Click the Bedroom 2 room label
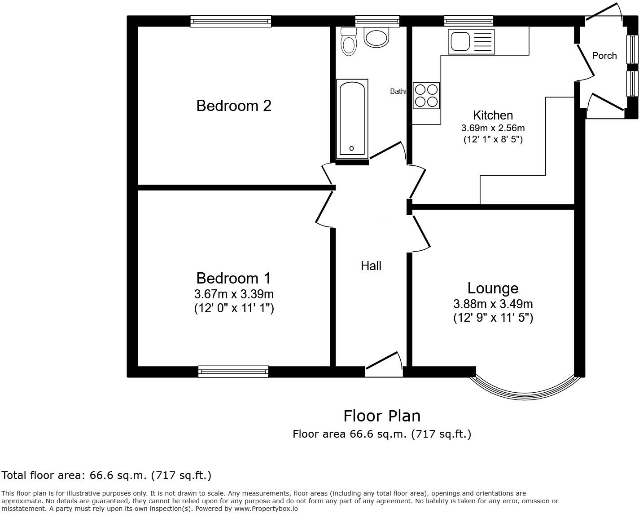coord(234,106)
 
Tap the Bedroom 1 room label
coord(233,278)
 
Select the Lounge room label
coord(493,288)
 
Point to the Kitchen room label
coord(493,115)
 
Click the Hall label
coord(371,266)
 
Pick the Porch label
coord(604,56)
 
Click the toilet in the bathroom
coord(348,42)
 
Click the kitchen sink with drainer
coord(471,41)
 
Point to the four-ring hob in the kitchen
coord(426,96)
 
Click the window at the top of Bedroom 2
coord(231,21)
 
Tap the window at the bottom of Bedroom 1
coord(233,372)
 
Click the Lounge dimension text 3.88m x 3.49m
coord(493,304)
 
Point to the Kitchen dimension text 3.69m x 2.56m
coord(493,128)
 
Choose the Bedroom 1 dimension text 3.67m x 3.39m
coord(233,294)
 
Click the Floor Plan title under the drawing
coord(382,416)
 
